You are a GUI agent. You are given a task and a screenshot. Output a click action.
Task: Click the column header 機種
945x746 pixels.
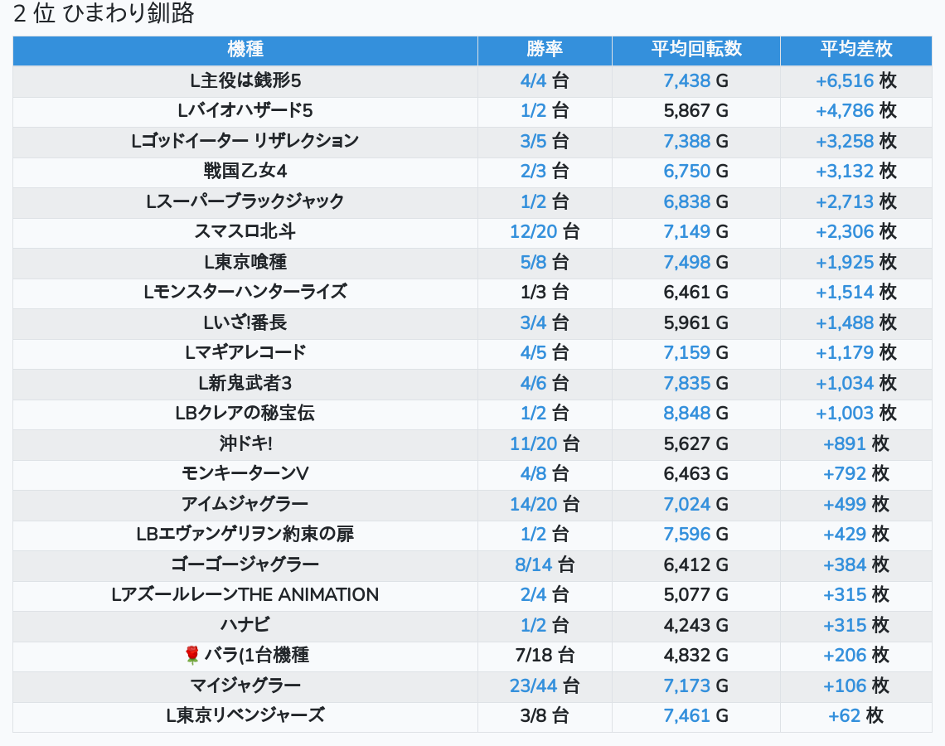(x=245, y=49)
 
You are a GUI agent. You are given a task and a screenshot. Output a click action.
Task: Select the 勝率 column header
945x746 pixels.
(x=545, y=49)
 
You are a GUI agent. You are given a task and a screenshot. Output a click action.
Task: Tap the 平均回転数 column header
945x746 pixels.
(x=695, y=49)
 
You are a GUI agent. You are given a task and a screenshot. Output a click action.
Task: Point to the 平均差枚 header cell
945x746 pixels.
(x=855, y=49)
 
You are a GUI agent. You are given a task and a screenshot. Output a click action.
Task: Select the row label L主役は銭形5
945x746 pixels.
(x=245, y=80)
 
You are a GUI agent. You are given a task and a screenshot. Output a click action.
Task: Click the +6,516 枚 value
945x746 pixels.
(x=855, y=80)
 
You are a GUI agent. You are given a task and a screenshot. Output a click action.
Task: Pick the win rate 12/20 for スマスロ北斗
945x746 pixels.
(x=534, y=231)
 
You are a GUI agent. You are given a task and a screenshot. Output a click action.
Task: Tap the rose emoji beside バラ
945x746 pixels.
(x=192, y=656)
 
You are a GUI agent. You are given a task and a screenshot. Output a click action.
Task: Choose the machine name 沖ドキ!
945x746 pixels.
(x=245, y=443)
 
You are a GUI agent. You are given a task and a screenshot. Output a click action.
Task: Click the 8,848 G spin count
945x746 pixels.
(x=687, y=413)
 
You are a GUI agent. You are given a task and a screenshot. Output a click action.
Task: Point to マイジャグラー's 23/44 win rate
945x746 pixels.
(x=534, y=685)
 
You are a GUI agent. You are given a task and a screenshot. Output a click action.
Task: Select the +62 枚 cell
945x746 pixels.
(x=855, y=715)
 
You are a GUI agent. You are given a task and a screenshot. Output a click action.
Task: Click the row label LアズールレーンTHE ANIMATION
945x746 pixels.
(x=245, y=594)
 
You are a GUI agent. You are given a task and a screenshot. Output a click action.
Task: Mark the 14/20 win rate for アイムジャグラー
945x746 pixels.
(x=534, y=504)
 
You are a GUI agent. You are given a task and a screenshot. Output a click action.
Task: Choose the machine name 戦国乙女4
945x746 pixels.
(x=245, y=171)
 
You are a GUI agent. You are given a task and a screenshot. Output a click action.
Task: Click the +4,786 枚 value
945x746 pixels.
(x=855, y=110)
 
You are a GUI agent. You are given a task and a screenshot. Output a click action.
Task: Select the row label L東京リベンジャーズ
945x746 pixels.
(x=245, y=715)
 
